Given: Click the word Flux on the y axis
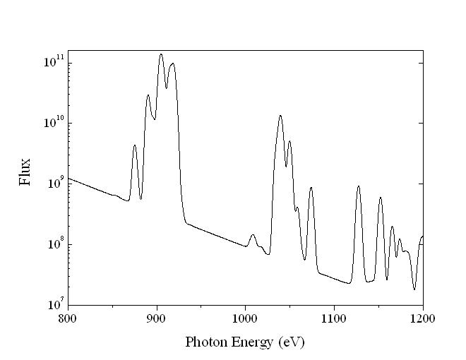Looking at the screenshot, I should (x=26, y=172).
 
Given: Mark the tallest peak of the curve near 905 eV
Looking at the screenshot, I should (x=161, y=54).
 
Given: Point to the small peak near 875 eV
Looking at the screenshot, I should (x=134, y=145).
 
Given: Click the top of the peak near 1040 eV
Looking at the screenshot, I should (x=280, y=116).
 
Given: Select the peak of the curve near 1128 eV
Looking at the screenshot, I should (x=359, y=186).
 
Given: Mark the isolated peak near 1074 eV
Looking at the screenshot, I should (x=311, y=188).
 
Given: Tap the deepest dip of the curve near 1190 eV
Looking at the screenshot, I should (x=414, y=289).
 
